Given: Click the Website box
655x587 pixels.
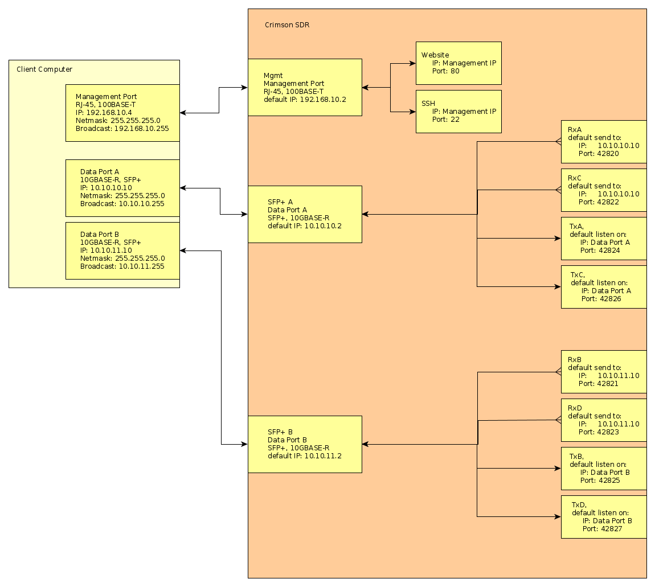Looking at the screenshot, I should tap(459, 63).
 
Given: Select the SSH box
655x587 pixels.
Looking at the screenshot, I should tap(459, 111).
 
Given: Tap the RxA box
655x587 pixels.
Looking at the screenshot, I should tap(603, 141).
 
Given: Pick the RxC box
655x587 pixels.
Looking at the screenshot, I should tap(603, 190).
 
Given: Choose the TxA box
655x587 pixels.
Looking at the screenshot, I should tap(603, 238).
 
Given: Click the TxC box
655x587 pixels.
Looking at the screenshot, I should tap(603, 286).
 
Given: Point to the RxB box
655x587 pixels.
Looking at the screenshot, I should tap(603, 371).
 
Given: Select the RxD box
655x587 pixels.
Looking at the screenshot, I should tap(603, 420).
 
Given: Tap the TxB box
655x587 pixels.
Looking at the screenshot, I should tap(603, 468).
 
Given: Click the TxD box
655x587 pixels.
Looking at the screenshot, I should tap(603, 516).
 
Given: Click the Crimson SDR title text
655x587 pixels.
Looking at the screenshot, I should tap(287, 25).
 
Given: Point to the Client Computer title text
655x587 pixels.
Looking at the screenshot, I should tap(44, 69).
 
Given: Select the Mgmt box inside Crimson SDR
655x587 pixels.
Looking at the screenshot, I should tap(305, 87).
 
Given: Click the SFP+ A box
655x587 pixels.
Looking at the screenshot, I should tap(305, 214).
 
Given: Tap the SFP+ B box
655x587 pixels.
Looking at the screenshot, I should tap(305, 444).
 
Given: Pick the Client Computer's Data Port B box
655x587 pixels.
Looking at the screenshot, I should tap(122, 251).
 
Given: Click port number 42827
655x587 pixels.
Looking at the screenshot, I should tap(611, 529).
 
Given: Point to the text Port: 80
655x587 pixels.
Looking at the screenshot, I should tap(445, 71).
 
